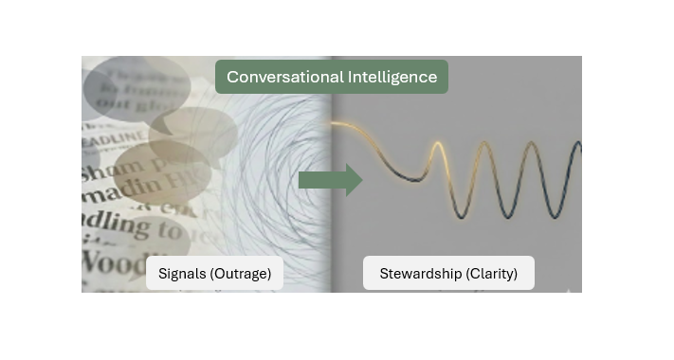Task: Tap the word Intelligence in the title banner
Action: point(390,77)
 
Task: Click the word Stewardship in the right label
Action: point(420,274)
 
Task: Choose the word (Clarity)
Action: point(492,274)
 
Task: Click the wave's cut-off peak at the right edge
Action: point(577,146)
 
